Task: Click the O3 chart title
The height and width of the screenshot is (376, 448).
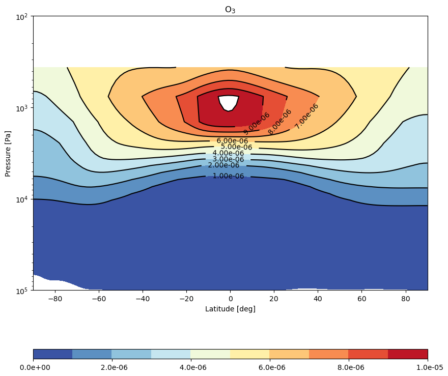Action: click(x=230, y=10)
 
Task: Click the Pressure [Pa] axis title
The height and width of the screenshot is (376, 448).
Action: click(x=8, y=154)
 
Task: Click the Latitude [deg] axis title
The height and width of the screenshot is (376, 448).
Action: click(x=230, y=309)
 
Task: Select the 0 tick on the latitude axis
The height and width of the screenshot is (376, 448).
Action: click(x=231, y=299)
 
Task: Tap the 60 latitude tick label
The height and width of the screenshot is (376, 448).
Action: click(x=362, y=299)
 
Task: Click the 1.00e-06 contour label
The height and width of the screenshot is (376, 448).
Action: click(x=228, y=176)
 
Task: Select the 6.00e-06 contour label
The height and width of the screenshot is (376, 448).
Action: click(x=232, y=141)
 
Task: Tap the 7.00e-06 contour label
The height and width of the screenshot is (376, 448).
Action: click(x=306, y=116)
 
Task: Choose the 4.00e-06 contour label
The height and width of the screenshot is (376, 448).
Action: click(x=228, y=153)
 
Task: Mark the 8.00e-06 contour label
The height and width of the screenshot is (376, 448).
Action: click(x=279, y=122)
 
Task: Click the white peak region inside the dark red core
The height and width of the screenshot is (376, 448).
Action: click(x=228, y=102)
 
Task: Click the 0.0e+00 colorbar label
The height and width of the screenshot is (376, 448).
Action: click(x=35, y=367)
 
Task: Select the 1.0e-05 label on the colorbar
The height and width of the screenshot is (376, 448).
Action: click(x=430, y=367)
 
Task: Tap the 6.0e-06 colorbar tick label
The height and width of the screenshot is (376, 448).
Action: click(x=272, y=367)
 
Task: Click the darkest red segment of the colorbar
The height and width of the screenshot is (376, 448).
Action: click(x=408, y=354)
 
